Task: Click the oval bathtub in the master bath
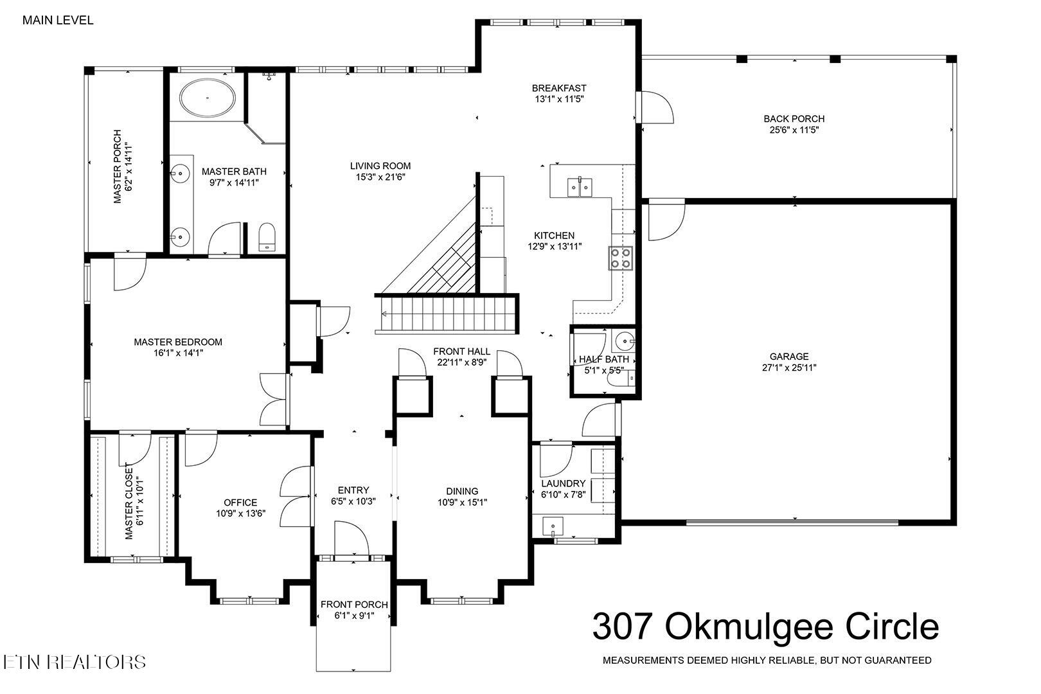tap(208, 98)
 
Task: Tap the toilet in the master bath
tap(266, 236)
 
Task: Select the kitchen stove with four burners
tap(621, 258)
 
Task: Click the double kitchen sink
tap(580, 186)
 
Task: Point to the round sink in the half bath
tap(623, 339)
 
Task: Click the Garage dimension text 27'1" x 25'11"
tap(789, 368)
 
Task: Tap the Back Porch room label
tap(794, 118)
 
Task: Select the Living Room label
tap(380, 165)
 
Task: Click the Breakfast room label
tap(559, 88)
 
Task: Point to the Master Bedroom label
tap(178, 342)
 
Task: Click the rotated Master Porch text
tap(121, 167)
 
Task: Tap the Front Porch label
tap(354, 604)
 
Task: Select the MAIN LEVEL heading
tap(58, 20)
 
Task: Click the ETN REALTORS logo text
tap(74, 662)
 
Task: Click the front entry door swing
tap(350, 538)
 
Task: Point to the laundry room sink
tap(552, 526)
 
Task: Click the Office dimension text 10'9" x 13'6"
tap(240, 513)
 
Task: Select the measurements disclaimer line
tap(767, 660)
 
